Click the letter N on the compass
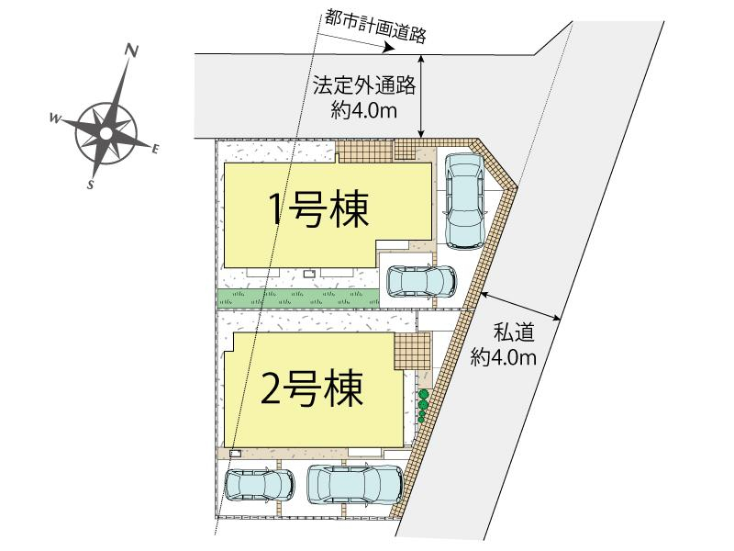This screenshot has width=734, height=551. tap(131, 51)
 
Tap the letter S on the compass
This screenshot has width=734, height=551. tap(91, 185)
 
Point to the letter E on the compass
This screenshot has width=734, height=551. tap(156, 149)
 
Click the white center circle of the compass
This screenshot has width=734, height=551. tap(106, 133)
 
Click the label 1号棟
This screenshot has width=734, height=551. tap(317, 210)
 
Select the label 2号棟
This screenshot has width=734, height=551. tap(312, 388)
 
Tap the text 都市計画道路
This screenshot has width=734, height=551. tap(374, 28)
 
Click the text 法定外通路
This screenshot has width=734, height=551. tap(364, 85)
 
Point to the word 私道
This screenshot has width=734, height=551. tap(514, 333)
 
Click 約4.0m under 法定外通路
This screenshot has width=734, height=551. tap(364, 111)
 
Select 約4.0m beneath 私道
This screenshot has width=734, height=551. tap(503, 358)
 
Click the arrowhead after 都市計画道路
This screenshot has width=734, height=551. tap(388, 48)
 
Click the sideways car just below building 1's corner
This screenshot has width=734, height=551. tap(421, 282)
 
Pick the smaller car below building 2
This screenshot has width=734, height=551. tap(260, 485)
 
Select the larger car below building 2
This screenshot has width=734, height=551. tap(355, 484)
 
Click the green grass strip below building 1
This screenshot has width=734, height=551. tap(298, 298)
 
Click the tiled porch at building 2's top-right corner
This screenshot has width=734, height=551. tap(412, 351)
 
